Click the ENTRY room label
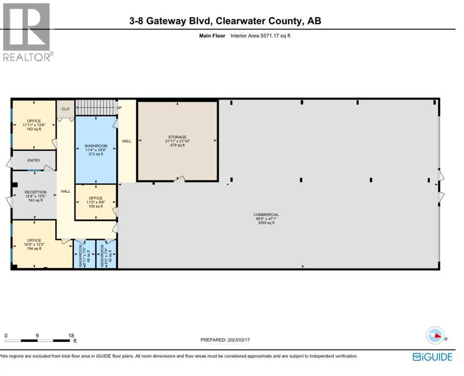point(34,160)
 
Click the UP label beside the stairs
point(119,107)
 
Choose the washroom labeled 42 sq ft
point(106,256)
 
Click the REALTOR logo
point(26,31)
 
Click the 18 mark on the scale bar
point(72,335)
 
